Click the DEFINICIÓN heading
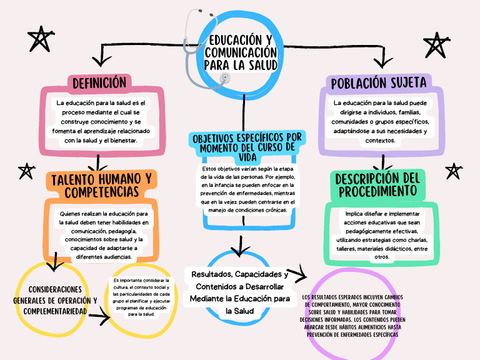[99, 82]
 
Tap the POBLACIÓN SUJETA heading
[379, 82]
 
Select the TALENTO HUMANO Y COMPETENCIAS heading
[101, 185]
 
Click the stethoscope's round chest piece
[224, 78]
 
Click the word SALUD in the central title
[261, 65]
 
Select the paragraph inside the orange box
[99, 235]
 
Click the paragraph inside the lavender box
[379, 121]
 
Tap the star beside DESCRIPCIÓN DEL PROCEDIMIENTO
[452, 171]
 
